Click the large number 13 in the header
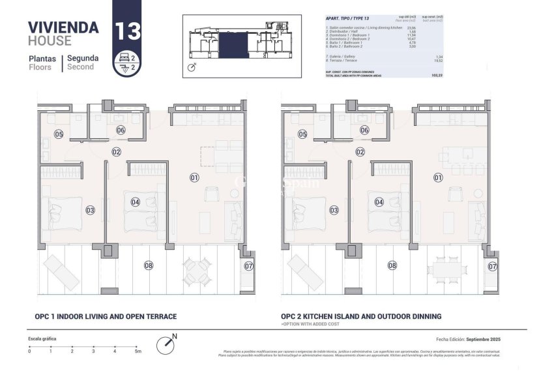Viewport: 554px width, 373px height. point(126,31)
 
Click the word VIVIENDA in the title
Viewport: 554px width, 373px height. point(63,27)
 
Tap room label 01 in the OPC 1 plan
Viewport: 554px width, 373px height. point(194,177)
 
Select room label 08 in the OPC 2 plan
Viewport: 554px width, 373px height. point(392,265)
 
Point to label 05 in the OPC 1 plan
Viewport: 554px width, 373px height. point(59,134)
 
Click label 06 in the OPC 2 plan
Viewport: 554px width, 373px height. point(364,130)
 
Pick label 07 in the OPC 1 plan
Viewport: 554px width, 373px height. point(248,266)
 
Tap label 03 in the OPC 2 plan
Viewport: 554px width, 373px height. point(334,210)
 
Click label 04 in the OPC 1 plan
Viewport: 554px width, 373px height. point(135,202)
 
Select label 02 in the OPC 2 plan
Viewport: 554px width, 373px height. point(360,152)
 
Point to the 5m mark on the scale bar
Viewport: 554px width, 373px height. point(137,351)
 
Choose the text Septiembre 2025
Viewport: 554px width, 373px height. point(481,340)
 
